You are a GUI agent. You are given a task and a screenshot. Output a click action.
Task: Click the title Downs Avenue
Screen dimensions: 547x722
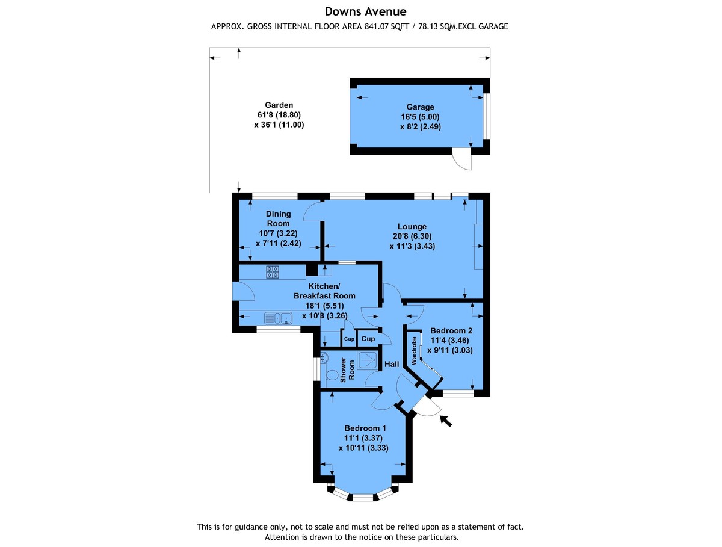point(365,11)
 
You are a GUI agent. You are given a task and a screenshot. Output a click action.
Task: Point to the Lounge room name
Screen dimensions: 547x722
point(412,227)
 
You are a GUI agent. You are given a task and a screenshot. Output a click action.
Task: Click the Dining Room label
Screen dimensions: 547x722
point(279,218)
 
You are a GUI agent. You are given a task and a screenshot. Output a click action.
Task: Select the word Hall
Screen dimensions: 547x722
point(392,364)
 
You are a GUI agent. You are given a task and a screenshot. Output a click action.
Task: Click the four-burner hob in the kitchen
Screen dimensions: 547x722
point(273,272)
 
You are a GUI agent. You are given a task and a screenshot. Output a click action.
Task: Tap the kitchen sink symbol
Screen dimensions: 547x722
point(277,318)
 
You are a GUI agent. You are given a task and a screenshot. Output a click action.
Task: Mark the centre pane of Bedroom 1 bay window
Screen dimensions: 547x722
point(362,497)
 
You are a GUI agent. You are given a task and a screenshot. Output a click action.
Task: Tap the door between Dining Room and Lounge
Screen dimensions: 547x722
point(313,210)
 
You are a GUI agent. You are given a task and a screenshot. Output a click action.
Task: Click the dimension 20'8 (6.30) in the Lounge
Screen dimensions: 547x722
point(412,236)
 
